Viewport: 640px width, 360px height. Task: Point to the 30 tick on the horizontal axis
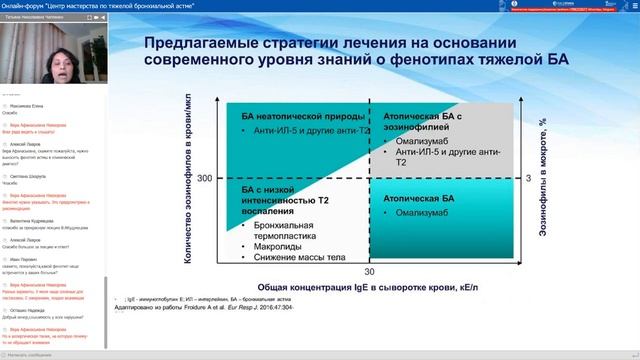[369, 270]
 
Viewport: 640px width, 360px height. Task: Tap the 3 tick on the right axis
[532, 178]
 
